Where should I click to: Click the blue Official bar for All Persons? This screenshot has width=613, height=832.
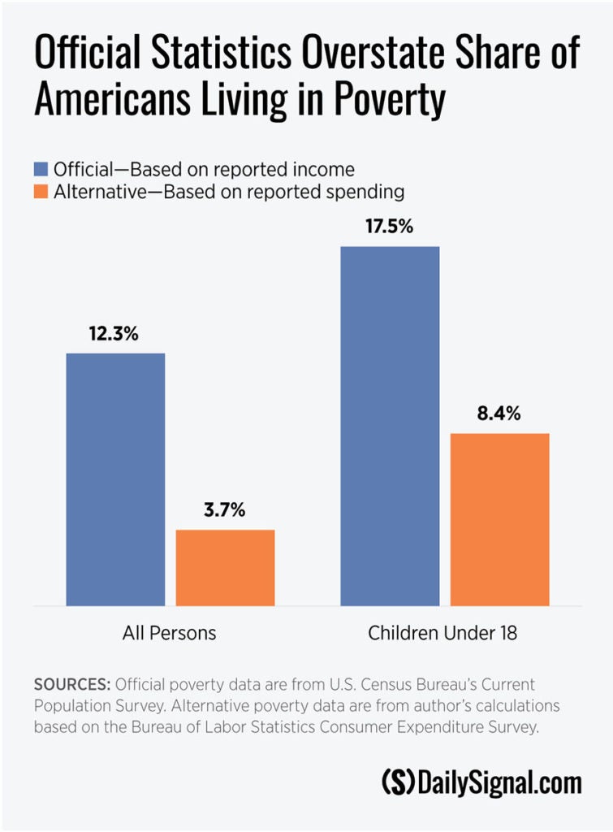[x=115, y=479]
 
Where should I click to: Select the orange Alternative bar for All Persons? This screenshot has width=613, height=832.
[x=225, y=567]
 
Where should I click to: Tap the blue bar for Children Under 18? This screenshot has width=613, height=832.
[x=390, y=426]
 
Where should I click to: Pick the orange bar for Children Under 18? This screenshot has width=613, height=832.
[x=500, y=519]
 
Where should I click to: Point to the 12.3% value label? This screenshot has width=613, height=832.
[x=115, y=334]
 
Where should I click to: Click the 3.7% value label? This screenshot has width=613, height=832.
[x=225, y=511]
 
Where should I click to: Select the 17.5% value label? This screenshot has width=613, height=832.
[x=390, y=227]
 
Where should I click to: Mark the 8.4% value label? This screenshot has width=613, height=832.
[x=500, y=414]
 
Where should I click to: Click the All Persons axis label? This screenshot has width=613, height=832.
[x=170, y=632]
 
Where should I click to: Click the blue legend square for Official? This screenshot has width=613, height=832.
[x=41, y=170]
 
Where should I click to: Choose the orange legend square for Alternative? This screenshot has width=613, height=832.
[x=41, y=193]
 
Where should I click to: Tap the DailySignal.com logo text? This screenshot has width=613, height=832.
[x=500, y=782]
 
